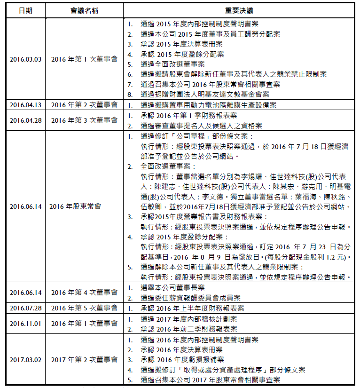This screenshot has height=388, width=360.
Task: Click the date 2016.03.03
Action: point(25,60)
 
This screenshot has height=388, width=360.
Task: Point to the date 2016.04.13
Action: point(25,105)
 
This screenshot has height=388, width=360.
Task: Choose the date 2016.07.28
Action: point(25,309)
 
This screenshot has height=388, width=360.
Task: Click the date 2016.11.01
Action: point(25,324)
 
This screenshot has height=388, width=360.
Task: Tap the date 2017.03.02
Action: point(25,360)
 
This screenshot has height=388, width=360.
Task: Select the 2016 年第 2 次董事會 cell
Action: point(84,105)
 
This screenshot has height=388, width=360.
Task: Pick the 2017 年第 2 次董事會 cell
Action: point(84,360)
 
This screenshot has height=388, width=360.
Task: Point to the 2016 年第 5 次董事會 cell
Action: point(84,309)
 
